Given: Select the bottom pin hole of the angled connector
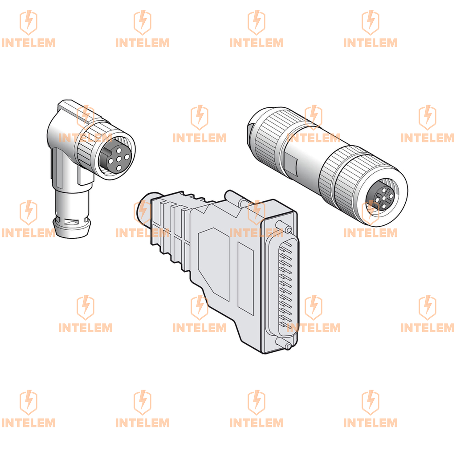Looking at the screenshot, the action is tap(118, 168).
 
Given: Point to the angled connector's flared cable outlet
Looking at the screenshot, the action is tap(72, 227).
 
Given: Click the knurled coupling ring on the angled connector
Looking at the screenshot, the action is tap(87, 146).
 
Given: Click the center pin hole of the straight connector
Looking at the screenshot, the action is tap(384, 198).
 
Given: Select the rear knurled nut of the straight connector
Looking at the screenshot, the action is tap(270, 137).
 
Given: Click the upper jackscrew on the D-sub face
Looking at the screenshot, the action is tap(283, 227).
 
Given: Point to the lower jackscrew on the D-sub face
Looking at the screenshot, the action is tap(284, 343).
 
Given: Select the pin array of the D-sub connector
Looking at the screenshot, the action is tap(285, 286).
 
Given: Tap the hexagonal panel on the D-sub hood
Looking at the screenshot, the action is tap(214, 263).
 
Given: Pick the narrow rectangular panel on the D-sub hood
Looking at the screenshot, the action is tap(246, 278).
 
